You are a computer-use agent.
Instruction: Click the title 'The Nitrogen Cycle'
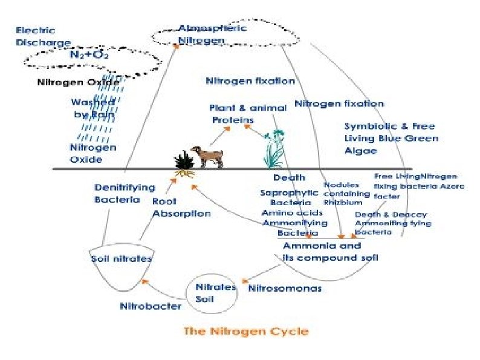point(245,331)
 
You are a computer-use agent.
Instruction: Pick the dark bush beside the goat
point(184,160)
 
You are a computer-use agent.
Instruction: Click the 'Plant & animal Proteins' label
point(247,114)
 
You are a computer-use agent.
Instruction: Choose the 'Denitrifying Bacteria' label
point(125,193)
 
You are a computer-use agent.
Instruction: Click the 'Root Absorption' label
point(181,207)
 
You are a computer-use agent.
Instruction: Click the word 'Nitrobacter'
point(151,306)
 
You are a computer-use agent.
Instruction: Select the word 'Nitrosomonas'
point(285,289)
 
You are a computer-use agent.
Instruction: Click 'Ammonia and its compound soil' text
point(330,252)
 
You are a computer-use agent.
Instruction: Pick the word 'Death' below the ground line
point(289,178)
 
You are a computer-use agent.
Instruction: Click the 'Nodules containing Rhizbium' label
point(346,193)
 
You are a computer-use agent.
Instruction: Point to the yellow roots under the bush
point(184,174)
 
